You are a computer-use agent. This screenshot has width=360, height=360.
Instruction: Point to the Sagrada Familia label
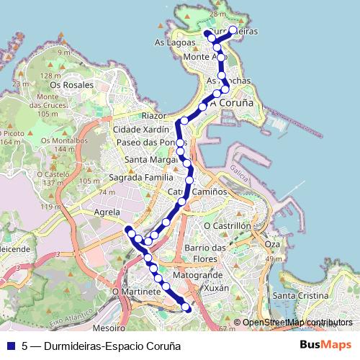[x=140, y=177]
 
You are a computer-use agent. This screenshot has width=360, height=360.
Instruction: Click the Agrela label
[x=107, y=212]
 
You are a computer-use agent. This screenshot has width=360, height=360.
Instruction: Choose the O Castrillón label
[x=227, y=225]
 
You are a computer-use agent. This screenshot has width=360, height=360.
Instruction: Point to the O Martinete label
[x=136, y=292]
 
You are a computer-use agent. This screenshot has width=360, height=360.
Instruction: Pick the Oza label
[x=271, y=244]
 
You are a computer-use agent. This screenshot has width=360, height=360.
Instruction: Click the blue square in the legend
[x=10, y=346]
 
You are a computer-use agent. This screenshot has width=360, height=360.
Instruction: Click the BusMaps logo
[x=325, y=345]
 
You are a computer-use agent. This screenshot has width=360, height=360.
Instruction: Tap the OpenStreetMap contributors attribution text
[x=297, y=323]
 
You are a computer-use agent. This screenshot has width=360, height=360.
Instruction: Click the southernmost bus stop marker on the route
[x=187, y=308]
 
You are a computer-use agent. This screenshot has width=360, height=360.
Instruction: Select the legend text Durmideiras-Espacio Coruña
[x=102, y=346]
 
